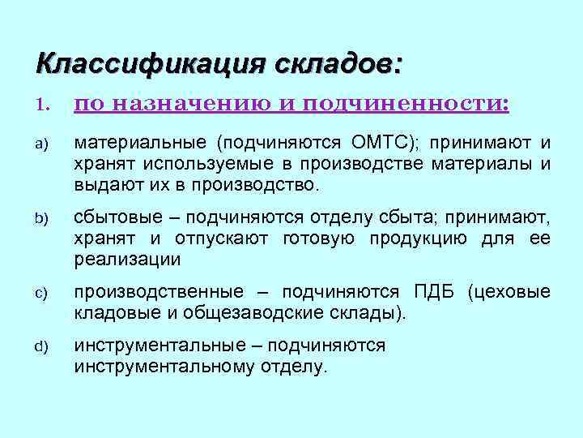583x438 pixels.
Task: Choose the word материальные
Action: (141, 144)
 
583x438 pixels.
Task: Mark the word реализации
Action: (127, 260)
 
